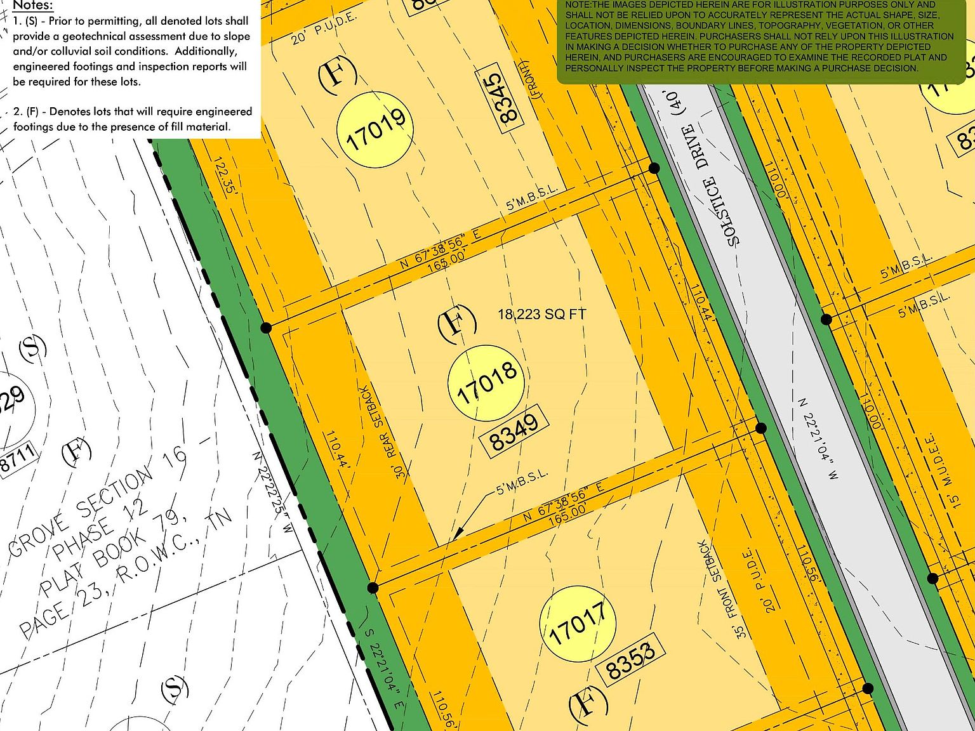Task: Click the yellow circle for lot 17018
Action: [486, 383]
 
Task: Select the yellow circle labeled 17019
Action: [375, 129]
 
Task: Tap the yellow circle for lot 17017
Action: [578, 623]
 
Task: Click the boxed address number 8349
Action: [515, 430]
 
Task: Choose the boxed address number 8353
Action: [630, 660]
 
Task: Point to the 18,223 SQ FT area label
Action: [541, 314]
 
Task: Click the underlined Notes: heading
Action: [32, 6]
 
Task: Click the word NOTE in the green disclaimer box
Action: [578, 5]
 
